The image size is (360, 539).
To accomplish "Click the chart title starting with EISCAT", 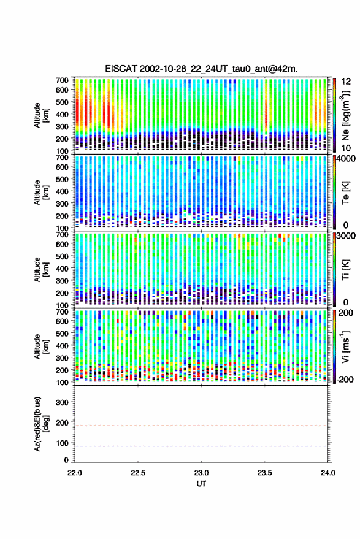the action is click(201, 69).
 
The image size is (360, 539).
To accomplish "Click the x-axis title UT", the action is click(201, 484).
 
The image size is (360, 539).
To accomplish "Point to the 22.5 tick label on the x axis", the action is click(138, 473).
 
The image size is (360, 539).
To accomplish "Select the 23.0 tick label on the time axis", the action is click(201, 473).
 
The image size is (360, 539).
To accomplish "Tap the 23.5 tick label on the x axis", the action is click(264, 473).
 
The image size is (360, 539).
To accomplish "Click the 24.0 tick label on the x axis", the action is click(327, 473).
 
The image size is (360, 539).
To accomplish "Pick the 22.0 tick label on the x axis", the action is click(75, 473).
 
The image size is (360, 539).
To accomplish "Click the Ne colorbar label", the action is click(346, 115).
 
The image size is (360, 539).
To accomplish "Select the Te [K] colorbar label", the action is click(345, 193).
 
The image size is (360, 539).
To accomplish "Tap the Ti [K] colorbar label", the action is click(345, 270).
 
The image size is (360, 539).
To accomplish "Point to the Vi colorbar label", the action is click(345, 346).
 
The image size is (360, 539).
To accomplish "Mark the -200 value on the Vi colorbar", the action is click(345, 380).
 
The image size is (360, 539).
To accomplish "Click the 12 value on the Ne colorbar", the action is click(346, 82).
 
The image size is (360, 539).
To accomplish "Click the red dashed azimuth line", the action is click(201, 426).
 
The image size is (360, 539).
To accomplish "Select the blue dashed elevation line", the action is click(201, 446).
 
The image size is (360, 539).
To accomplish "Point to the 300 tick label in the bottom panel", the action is click(62, 402).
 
